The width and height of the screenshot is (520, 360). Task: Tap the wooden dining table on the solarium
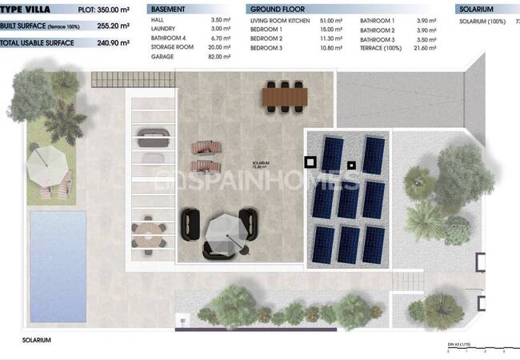click(x=284, y=97)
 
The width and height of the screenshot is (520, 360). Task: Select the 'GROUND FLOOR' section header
click(x=276, y=10)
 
